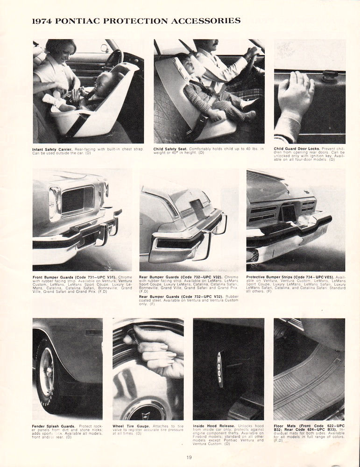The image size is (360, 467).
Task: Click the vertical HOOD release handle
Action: (x=219, y=369)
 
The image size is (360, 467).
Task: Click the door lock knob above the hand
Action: (x=330, y=74)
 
